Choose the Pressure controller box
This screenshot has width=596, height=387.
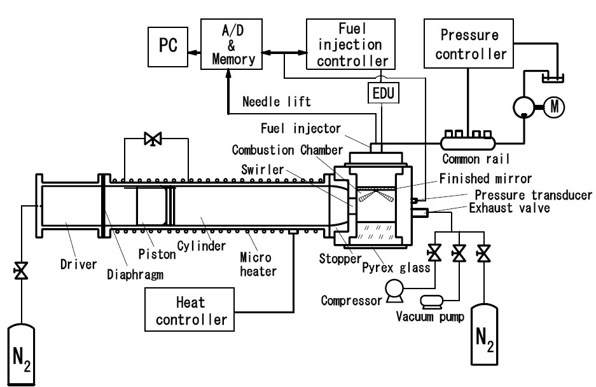click(468, 46)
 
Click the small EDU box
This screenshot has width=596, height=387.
click(382, 94)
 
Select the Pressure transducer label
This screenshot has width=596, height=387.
click(532, 196)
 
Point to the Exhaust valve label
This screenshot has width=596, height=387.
click(509, 207)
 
